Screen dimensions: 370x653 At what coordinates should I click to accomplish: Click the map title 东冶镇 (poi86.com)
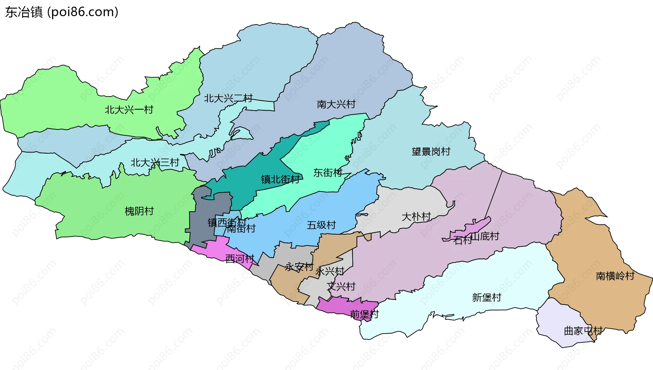click(x=62, y=12)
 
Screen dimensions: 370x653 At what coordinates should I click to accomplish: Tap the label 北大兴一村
click(x=129, y=110)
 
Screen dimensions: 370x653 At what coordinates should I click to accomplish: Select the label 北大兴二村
click(x=228, y=99)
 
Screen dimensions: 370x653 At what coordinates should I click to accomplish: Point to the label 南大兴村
click(x=336, y=104)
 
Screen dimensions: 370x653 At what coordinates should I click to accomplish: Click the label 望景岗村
click(x=431, y=152)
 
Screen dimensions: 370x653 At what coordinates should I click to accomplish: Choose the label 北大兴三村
click(x=155, y=163)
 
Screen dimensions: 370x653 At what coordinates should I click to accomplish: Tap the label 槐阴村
click(x=139, y=212)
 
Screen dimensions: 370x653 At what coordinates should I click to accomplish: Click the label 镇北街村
click(x=280, y=180)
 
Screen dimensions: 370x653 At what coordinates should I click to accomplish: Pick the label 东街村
click(x=328, y=173)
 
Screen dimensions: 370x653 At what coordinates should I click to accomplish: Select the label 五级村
click(x=321, y=225)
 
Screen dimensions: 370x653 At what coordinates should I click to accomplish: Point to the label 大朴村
click(x=416, y=217)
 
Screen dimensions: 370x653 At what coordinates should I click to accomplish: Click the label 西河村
click(x=240, y=259)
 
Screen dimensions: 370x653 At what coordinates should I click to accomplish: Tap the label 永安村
click(x=299, y=267)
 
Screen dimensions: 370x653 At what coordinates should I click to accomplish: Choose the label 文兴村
click(x=341, y=287)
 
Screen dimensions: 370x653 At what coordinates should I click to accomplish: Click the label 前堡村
click(x=364, y=315)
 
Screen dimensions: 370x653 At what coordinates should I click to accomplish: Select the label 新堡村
click(x=486, y=298)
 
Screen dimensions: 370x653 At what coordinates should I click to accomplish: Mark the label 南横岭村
click(x=615, y=276)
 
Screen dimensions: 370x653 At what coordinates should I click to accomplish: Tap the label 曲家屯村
click(x=583, y=331)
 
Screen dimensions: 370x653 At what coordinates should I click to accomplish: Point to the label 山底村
click(x=485, y=236)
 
